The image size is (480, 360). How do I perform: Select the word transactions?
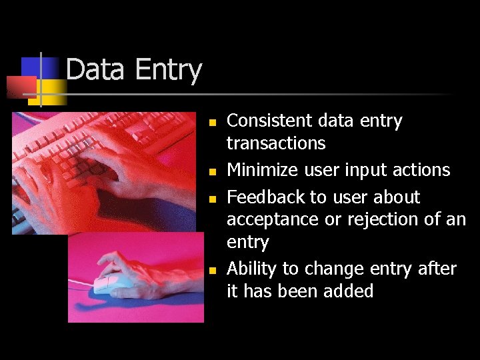276,143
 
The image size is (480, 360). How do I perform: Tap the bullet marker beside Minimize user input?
211,172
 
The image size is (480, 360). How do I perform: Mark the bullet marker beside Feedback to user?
211,199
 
